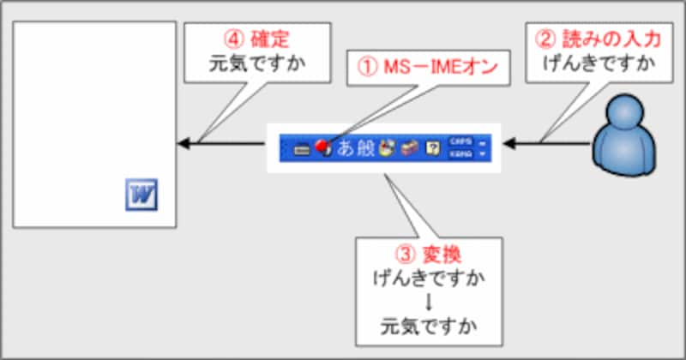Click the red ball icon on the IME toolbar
pos(322,147)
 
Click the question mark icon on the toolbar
pos(433,147)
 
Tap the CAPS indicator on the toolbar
pos(460,141)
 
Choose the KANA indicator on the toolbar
pos(460,153)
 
